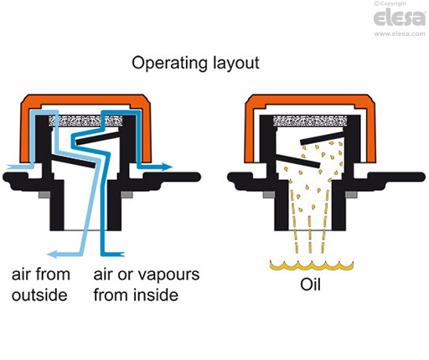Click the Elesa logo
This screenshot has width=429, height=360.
(x=398, y=19)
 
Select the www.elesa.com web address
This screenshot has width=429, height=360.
(x=398, y=35)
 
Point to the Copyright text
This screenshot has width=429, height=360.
(x=406, y=4)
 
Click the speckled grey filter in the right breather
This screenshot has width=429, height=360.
(x=310, y=121)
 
